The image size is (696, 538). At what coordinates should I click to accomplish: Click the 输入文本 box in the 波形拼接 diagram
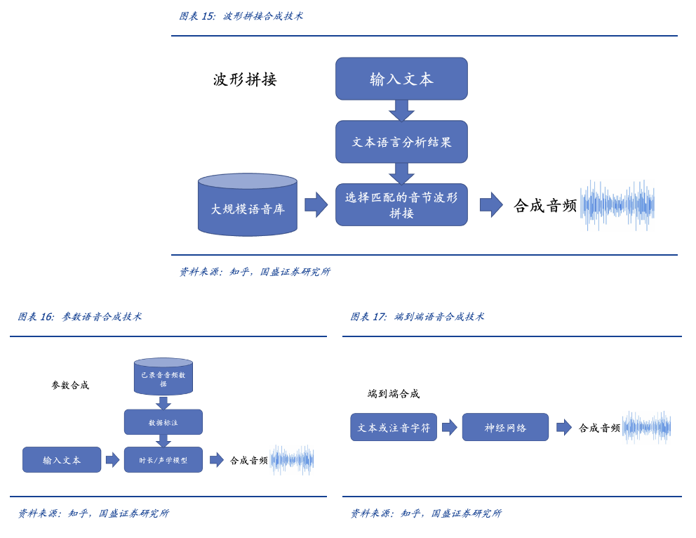tap(401, 79)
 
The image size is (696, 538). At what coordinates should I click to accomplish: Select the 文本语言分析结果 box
tap(401, 142)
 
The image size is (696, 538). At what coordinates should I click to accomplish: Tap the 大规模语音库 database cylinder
tap(248, 205)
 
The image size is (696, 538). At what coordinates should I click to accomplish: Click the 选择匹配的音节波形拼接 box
tap(401, 205)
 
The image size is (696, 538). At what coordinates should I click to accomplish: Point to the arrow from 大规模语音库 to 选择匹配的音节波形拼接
tap(316, 205)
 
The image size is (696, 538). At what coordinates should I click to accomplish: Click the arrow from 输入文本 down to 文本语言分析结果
tap(401, 110)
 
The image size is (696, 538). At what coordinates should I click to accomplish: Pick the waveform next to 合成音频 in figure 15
tap(617, 205)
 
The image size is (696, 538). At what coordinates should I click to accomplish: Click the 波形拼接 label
tap(245, 79)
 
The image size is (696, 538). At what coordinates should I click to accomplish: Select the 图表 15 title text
tap(241, 16)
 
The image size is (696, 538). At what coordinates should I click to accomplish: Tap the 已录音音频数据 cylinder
tap(163, 377)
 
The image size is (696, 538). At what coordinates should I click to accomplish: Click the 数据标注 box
tap(163, 422)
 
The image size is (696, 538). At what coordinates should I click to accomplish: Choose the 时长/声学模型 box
tap(163, 460)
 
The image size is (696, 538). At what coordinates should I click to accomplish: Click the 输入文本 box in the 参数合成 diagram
tap(62, 460)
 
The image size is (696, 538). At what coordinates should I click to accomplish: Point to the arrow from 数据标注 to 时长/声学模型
tap(163, 441)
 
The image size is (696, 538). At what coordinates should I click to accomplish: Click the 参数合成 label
tap(70, 386)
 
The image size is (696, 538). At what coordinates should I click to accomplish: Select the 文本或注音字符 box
tap(394, 427)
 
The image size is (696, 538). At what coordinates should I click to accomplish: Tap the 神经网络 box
tap(505, 427)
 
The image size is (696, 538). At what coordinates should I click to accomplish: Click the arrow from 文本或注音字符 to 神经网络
tap(449, 427)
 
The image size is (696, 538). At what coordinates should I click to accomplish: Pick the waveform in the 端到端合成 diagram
tap(646, 427)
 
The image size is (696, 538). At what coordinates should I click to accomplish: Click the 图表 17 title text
tap(417, 317)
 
